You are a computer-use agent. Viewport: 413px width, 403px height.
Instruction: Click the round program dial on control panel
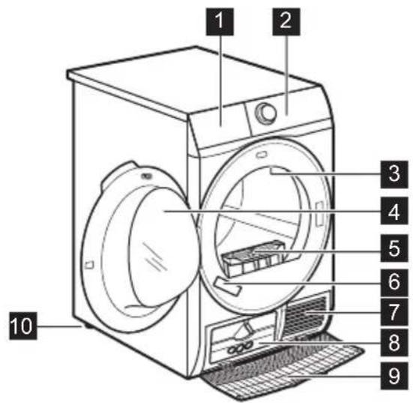(265, 113)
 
